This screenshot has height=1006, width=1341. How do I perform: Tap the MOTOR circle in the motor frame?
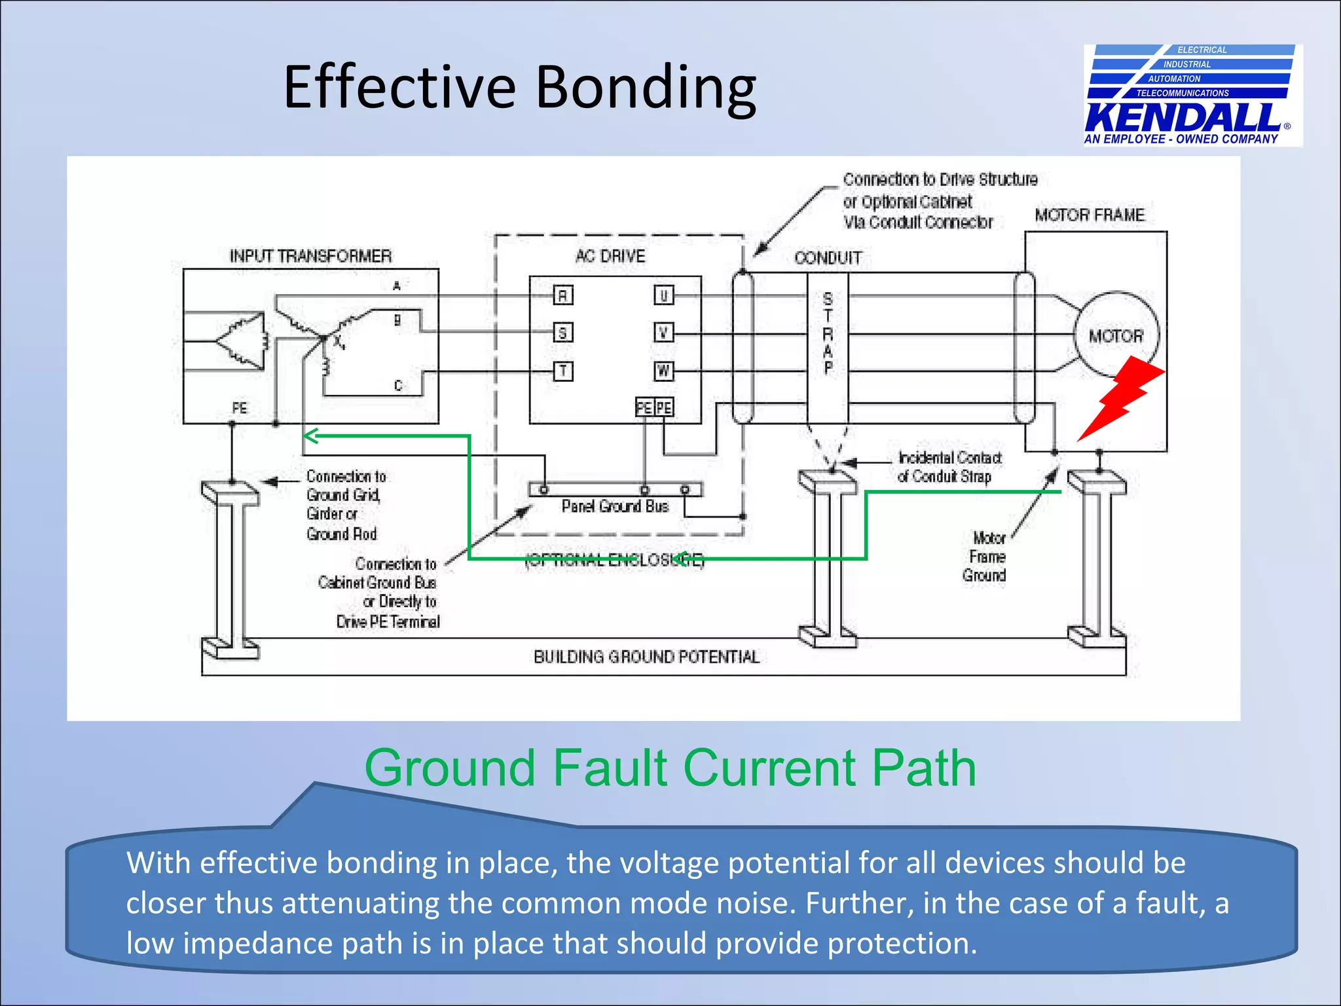(x=1116, y=335)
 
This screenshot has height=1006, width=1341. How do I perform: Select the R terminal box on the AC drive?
(x=562, y=295)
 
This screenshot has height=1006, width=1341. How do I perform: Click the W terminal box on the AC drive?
(x=663, y=371)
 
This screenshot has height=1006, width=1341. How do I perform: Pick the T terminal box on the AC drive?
(x=562, y=371)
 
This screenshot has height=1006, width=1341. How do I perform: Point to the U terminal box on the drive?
(x=663, y=295)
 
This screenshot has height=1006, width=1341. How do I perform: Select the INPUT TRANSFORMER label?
(x=310, y=256)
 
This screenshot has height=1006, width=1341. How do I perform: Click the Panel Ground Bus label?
(x=615, y=506)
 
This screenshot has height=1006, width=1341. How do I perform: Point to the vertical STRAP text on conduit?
(x=828, y=334)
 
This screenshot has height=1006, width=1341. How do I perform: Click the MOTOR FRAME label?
(x=1090, y=215)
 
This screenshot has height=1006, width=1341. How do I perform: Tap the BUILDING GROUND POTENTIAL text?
(x=646, y=657)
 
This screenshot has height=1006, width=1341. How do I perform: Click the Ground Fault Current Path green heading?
(x=670, y=768)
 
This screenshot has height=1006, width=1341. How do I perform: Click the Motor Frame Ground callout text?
(x=985, y=557)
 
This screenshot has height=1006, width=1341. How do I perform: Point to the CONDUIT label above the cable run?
(x=828, y=258)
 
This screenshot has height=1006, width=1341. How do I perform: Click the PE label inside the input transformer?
(x=240, y=408)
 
